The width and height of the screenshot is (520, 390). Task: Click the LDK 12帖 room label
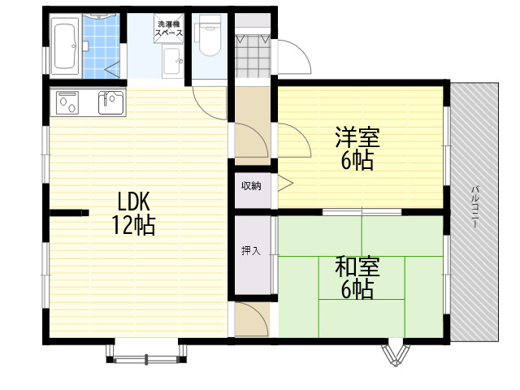[133, 213]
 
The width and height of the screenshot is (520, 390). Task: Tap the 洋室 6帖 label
[357, 148]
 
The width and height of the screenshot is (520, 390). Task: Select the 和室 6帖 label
[357, 278]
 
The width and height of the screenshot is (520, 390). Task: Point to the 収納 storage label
[251, 186]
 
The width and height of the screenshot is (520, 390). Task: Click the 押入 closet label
[251, 251]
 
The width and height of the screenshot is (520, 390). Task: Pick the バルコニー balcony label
[475, 206]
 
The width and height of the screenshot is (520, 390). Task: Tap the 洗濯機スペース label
[169, 28]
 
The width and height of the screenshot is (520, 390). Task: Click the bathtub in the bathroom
[65, 45]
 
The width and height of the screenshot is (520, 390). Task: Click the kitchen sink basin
[111, 102]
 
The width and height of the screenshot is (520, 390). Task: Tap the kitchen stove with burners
[67, 102]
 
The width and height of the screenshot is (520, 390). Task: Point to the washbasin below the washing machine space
[173, 63]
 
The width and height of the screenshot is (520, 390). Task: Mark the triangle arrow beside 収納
[285, 183]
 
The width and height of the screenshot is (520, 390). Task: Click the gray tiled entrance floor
[253, 56]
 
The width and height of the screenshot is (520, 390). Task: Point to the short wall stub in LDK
[69, 213]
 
